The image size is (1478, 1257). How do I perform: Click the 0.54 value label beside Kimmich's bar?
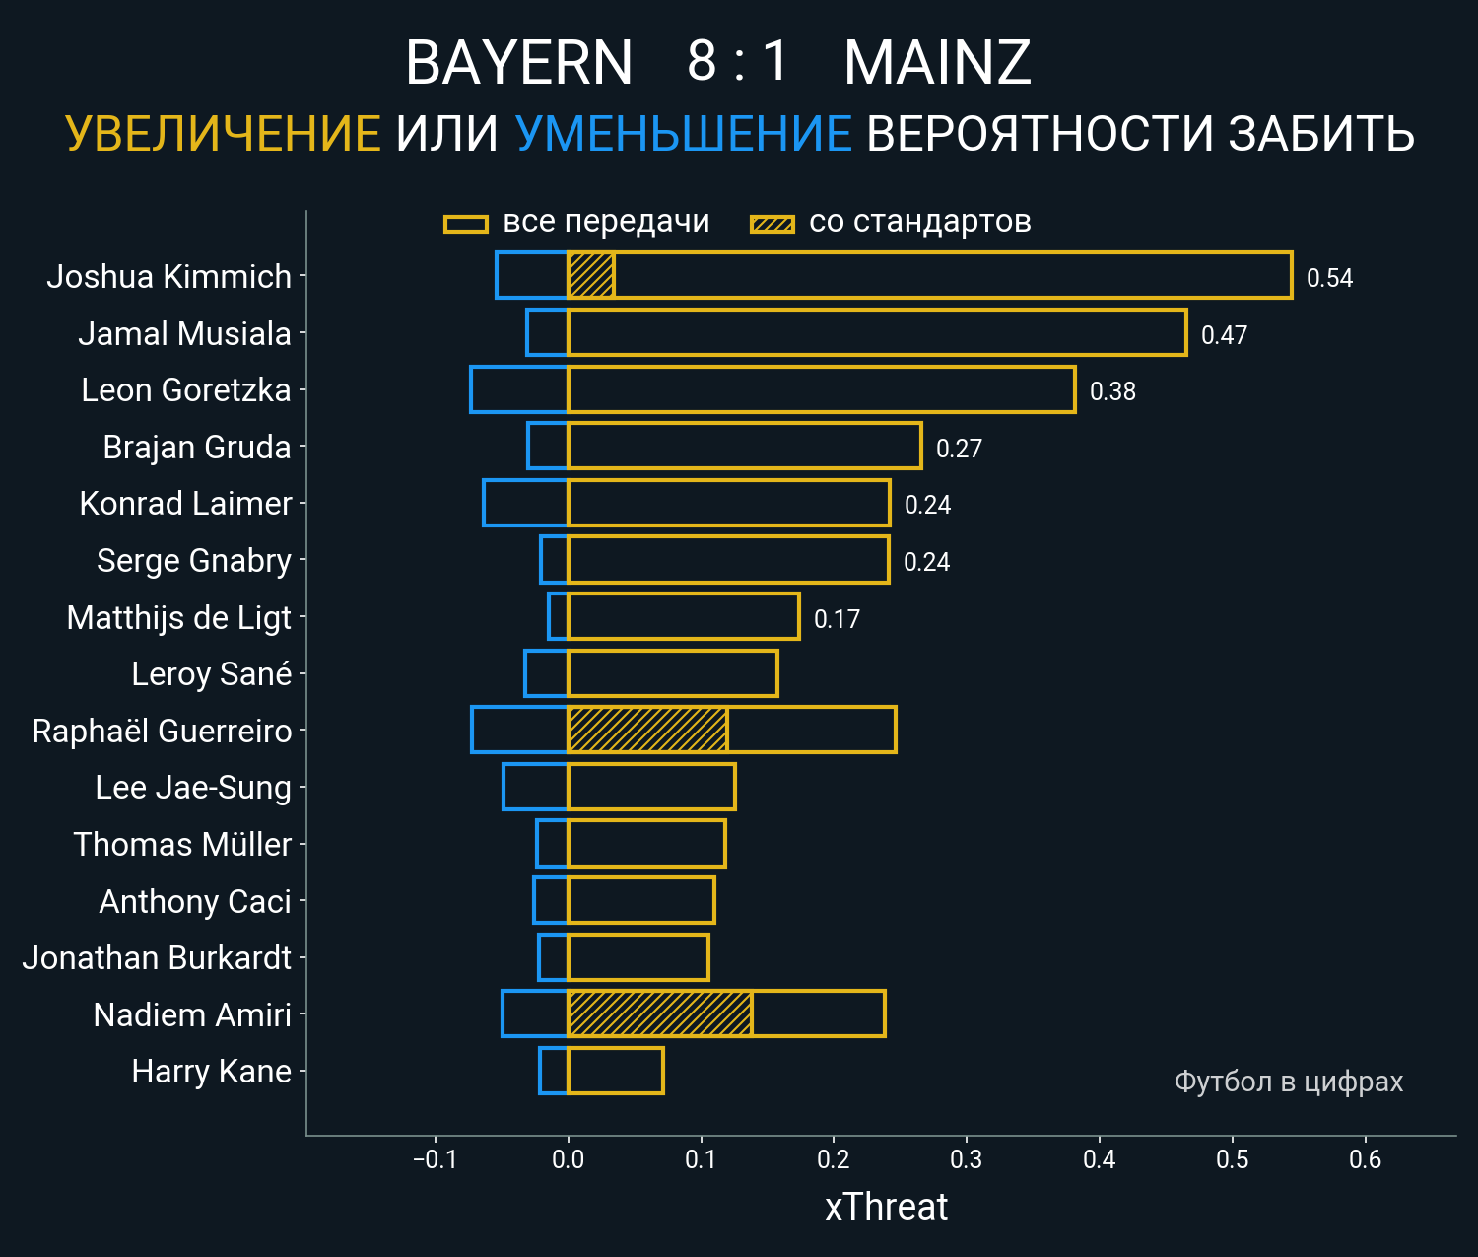pos(1329,278)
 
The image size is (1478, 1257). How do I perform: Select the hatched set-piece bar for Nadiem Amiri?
pos(660,1014)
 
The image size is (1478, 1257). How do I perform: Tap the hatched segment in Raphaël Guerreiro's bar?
pos(647,731)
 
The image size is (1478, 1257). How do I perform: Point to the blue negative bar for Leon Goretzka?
pos(519,389)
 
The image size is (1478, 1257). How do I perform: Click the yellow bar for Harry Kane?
pos(616,1071)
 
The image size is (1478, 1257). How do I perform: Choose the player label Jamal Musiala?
pos(184,334)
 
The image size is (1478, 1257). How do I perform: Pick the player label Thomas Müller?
pos(182,845)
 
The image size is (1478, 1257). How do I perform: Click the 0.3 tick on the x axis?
pos(967,1159)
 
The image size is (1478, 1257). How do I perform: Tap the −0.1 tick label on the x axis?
pos(435,1159)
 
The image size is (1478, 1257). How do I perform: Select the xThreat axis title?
pos(886,1207)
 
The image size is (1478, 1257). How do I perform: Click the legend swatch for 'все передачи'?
pos(466,224)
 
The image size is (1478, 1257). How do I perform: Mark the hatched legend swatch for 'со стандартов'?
pos(773,224)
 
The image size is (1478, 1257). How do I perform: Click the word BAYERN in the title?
pos(518,63)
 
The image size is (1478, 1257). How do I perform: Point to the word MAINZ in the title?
pos(937,63)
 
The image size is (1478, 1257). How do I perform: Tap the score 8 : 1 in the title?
pos(738,61)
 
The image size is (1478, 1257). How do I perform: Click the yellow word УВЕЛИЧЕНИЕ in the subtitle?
pos(223,134)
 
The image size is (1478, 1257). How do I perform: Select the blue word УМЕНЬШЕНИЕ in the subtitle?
pos(683,134)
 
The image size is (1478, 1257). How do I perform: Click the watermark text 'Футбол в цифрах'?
pos(1288,1082)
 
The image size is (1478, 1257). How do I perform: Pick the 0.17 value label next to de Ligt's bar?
pos(837,619)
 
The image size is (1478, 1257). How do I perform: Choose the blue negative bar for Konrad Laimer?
pos(525,503)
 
